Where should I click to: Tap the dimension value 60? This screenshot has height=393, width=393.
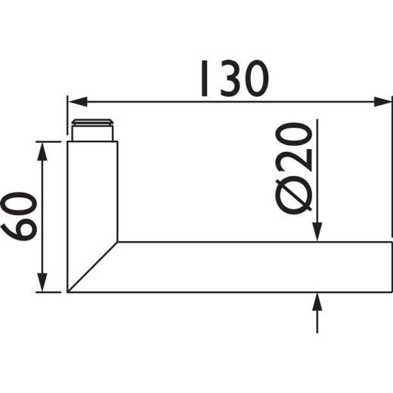coord(21,217)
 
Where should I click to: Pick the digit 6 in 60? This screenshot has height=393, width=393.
coord(21,228)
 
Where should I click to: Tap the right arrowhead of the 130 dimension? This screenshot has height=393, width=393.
coord(385,101)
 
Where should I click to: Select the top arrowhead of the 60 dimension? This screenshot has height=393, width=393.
coord(45,148)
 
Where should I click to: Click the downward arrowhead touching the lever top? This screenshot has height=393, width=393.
coord(318,235)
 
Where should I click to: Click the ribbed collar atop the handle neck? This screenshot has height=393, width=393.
coord(93,129)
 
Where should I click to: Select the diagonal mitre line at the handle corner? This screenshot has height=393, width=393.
coord(92,267)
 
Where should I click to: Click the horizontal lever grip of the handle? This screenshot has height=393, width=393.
coord(249,268)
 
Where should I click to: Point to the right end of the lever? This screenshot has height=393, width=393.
coord(391,268)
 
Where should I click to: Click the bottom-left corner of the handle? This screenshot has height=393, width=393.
coord(68,292)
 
